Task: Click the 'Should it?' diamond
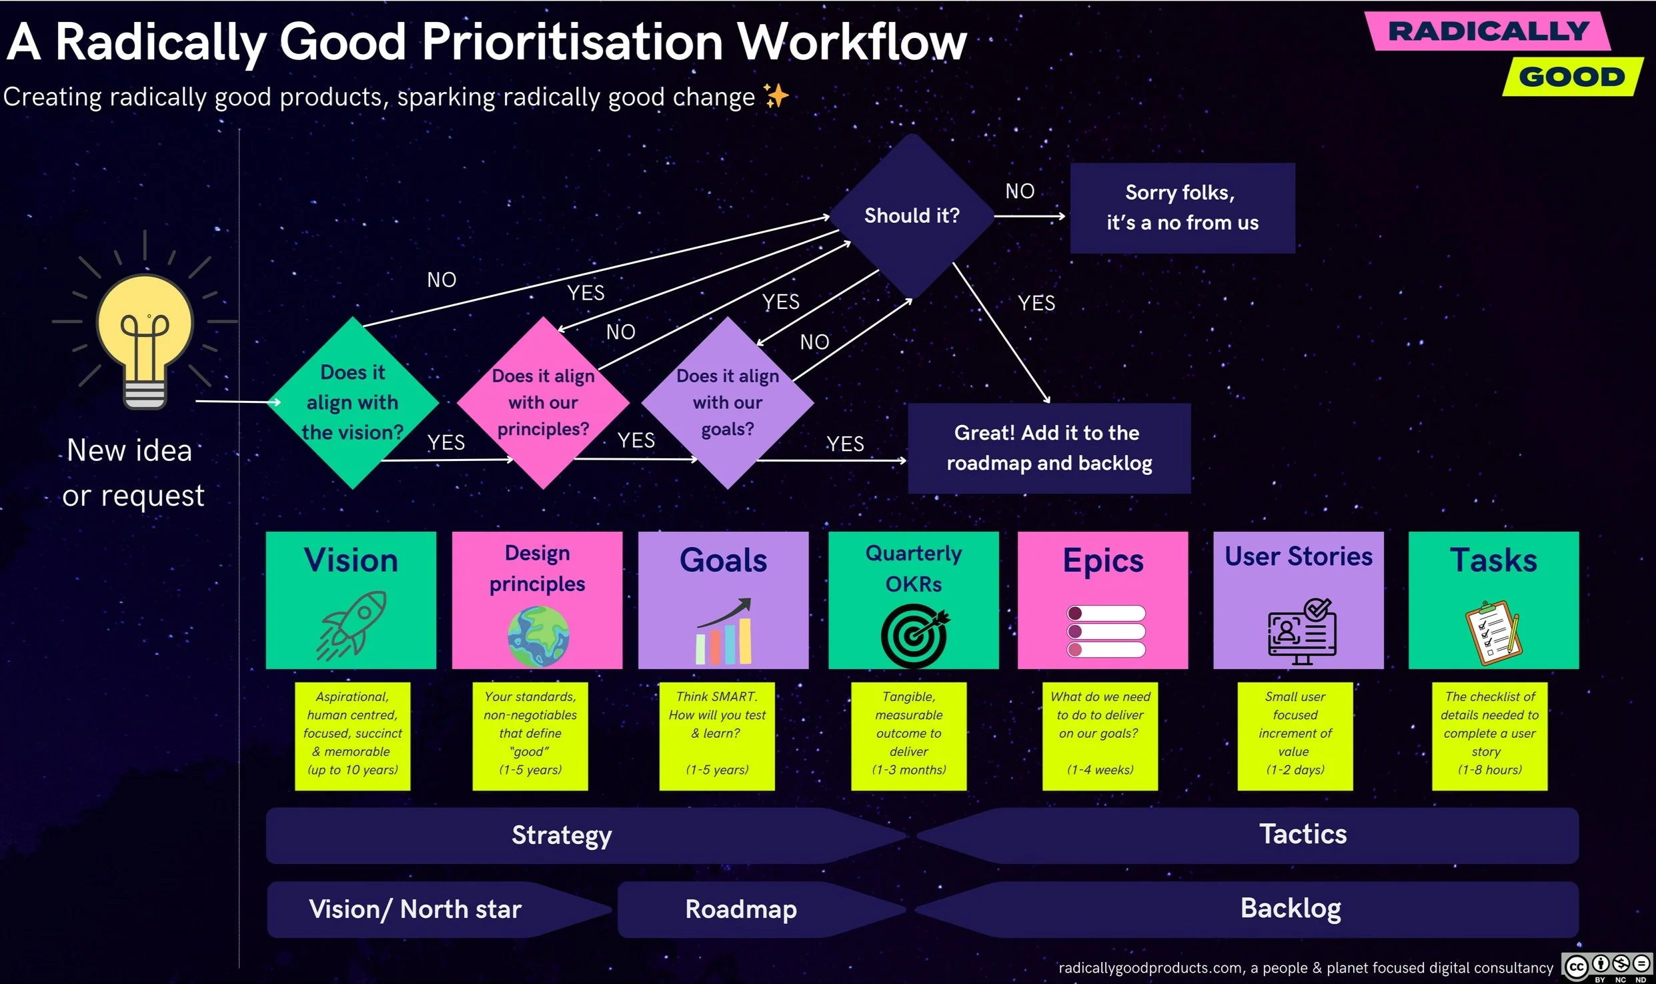(x=911, y=215)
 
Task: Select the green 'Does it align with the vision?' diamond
(x=353, y=402)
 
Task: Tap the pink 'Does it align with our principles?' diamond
(x=543, y=402)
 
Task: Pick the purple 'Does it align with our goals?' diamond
(x=728, y=402)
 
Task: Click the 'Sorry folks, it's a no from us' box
(x=1182, y=207)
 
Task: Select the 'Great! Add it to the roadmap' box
(x=1048, y=448)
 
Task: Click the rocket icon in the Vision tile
(x=352, y=626)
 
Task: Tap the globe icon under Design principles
(x=538, y=636)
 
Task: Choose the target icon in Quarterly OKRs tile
(x=914, y=636)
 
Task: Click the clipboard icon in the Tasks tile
(x=1493, y=632)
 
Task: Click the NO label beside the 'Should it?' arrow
(x=1020, y=191)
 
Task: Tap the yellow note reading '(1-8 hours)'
(x=1489, y=735)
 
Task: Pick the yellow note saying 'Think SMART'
(x=717, y=735)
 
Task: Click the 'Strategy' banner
(x=562, y=835)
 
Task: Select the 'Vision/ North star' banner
(x=415, y=909)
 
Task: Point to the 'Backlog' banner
(x=1291, y=909)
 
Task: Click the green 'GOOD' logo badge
(x=1572, y=77)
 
